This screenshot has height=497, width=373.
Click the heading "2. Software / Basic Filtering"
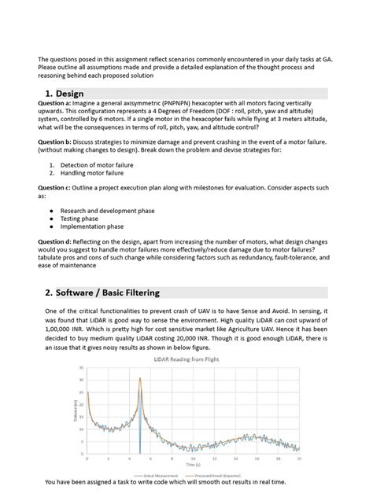click(102, 293)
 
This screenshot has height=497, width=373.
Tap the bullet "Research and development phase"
click(105, 211)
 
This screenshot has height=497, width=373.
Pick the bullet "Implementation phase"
click(91, 226)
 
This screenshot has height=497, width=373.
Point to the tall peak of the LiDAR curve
click(140, 380)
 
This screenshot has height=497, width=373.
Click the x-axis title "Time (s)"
click(192, 465)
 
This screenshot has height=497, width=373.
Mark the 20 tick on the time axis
click(299, 458)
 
